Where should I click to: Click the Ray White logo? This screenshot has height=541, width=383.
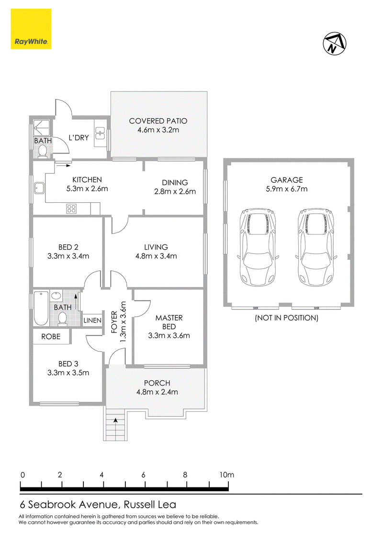31,29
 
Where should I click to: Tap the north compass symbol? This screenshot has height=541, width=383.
335,44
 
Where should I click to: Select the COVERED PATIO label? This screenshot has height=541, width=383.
158,121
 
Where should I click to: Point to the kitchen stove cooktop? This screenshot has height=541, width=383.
71,209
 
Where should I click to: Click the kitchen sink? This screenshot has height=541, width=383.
38,188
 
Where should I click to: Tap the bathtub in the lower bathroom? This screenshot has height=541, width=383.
41,309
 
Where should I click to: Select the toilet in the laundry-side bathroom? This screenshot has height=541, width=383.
43,152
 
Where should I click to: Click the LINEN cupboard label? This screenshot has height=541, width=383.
92,320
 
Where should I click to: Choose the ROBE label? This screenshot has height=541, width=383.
51,337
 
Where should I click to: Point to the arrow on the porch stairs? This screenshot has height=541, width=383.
115,420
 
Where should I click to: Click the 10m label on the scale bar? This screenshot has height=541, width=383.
226,475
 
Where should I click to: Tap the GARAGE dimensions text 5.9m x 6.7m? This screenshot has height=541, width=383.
287,189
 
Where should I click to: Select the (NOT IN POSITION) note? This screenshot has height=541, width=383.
287,318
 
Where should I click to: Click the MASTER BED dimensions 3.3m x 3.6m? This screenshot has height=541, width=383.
169,336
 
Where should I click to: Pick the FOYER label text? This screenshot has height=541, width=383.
114,322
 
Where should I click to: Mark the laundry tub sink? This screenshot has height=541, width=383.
100,133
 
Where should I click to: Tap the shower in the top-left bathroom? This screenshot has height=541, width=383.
43,128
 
